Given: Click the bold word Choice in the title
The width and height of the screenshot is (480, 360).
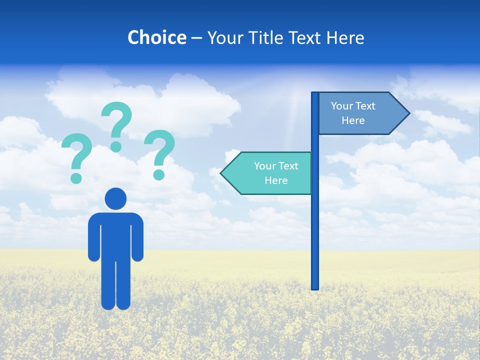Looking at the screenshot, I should pyautogui.click(x=156, y=37).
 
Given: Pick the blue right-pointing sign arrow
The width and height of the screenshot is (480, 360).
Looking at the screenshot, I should pyautogui.click(x=357, y=113).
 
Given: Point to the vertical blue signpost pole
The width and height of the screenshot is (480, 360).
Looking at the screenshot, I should pyautogui.click(x=315, y=225).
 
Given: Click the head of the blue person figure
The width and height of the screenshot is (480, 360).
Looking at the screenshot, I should pyautogui.click(x=115, y=198).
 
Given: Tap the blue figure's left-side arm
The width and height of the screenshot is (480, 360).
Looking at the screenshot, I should pyautogui.click(x=94, y=237).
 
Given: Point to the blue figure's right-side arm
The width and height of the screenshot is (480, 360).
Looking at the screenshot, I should pyautogui.click(x=137, y=237).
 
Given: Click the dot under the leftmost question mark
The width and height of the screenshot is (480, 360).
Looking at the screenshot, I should pyautogui.click(x=76, y=177).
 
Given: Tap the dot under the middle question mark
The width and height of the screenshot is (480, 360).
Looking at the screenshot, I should pyautogui.click(x=116, y=146).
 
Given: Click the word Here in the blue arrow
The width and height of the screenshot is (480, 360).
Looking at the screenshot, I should pyautogui.click(x=353, y=120).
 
